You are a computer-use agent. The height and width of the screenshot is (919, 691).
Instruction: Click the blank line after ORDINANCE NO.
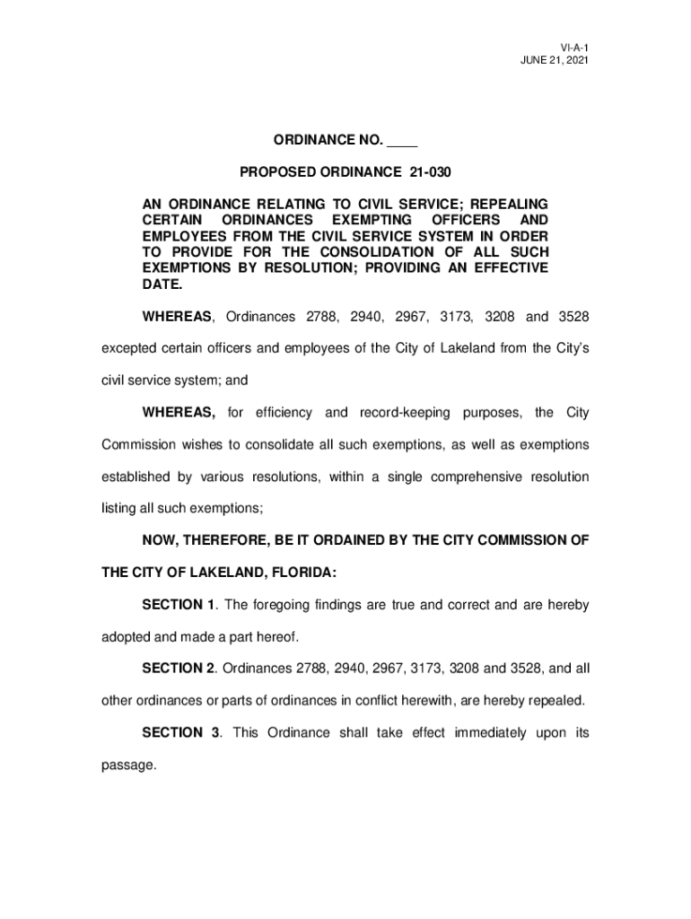tap(403, 140)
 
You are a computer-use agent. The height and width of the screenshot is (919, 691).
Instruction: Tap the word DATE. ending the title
tap(162, 285)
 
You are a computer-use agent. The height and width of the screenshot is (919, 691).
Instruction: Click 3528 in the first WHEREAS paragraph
tap(573, 317)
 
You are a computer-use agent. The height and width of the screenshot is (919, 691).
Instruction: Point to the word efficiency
tap(284, 412)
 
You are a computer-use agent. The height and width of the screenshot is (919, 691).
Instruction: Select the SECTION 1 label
tap(179, 605)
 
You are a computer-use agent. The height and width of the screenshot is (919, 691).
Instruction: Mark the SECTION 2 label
tap(179, 669)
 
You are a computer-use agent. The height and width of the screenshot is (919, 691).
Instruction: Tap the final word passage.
tap(128, 766)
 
